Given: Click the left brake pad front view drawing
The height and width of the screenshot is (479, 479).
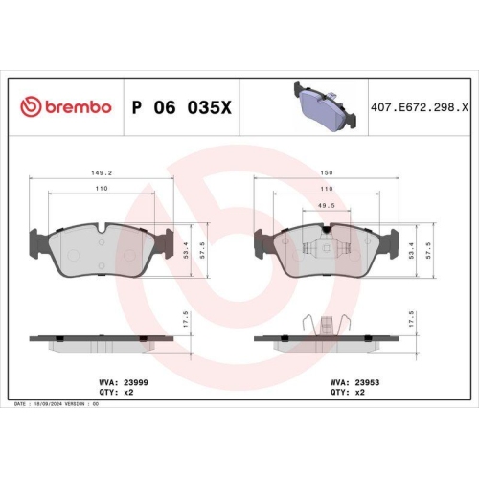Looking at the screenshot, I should tap(102, 247).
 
